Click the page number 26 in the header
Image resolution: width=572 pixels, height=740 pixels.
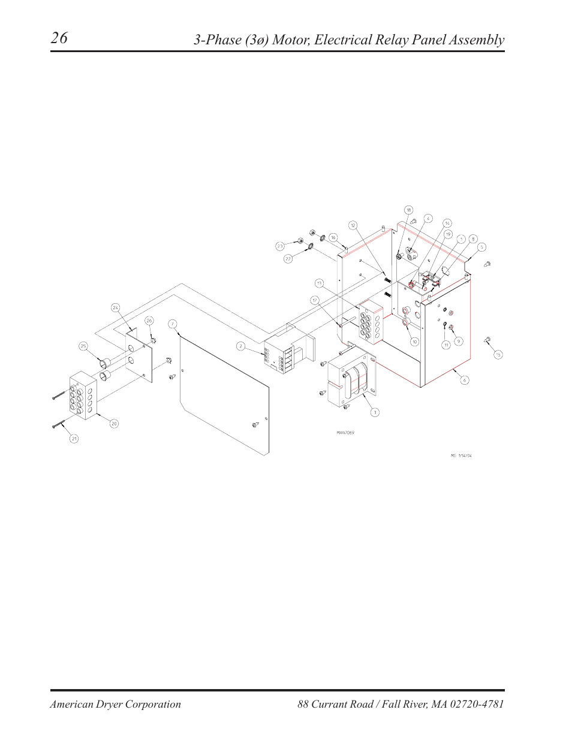pos(59,38)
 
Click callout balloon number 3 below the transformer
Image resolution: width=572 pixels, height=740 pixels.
pos(375,412)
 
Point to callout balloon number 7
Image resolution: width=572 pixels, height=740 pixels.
pos(173,324)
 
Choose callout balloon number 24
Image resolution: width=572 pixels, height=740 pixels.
pos(116,307)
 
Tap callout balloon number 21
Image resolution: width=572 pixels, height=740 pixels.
pos(74,439)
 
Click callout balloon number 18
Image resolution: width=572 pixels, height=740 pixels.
pos(408,210)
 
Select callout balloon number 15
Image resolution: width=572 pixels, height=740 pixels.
pos(498,355)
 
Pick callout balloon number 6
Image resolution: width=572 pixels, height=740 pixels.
pos(464,380)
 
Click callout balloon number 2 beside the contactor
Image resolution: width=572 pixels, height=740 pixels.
pos(240,346)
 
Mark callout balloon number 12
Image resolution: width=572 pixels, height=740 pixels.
pos(353,225)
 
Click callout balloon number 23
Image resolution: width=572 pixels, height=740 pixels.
pos(280,246)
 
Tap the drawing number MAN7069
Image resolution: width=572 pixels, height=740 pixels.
pos(345,433)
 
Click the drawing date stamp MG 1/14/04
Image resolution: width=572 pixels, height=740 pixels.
pos(461,455)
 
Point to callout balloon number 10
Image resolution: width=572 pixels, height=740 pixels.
pos(414,342)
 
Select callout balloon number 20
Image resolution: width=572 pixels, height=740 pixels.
pos(114,424)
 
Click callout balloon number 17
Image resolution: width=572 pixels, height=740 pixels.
pos(315,300)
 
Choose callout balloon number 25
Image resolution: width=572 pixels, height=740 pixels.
pos(83,346)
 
